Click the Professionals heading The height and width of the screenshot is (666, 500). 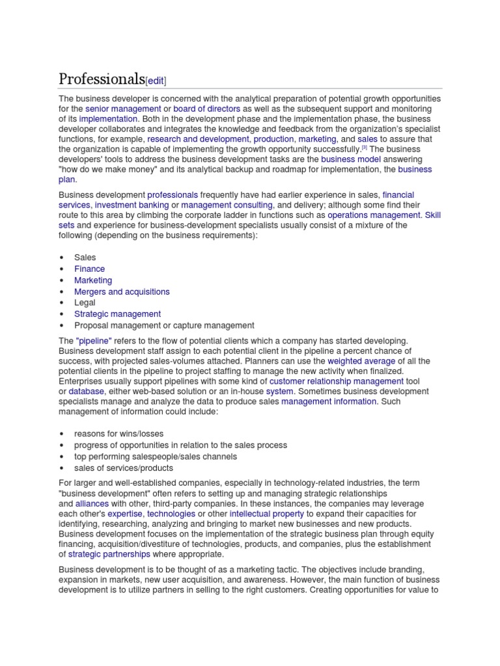[101, 79]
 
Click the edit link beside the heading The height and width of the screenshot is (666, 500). [156, 81]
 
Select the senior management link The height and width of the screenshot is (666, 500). [123, 109]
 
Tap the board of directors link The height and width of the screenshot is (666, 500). [207, 109]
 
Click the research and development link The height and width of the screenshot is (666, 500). [198, 139]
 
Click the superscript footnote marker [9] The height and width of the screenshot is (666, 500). [365, 148]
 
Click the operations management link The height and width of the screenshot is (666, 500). [374, 215]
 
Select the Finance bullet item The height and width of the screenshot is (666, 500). [89, 269]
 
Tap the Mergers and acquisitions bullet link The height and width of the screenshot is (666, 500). [122, 292]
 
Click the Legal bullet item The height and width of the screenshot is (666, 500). [85, 302]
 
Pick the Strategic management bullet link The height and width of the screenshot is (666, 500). [117, 314]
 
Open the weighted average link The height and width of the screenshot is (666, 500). [361, 361]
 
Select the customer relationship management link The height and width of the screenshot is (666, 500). [337, 381]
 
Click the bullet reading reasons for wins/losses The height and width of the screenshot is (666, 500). [118, 434]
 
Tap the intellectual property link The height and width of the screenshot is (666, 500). [266, 514]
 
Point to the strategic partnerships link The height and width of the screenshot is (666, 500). [109, 554]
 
